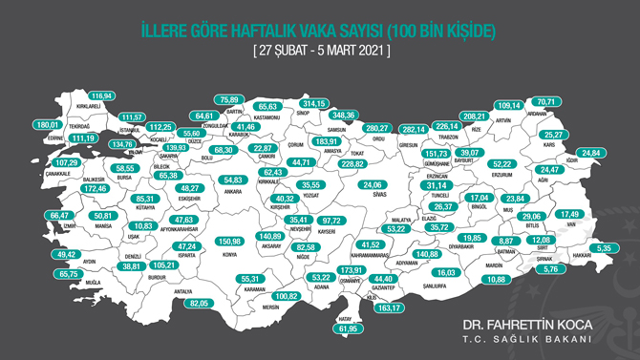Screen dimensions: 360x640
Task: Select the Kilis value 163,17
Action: [x=391, y=308]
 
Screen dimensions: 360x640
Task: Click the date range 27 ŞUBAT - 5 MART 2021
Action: [x=319, y=50]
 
